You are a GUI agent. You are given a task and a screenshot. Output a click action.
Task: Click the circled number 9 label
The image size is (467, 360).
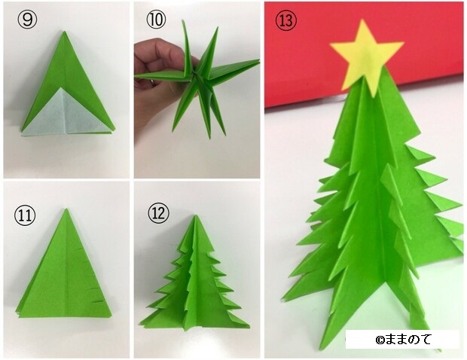click(27, 20)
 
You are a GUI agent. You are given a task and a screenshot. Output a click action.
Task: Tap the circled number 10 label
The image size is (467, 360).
click(156, 20)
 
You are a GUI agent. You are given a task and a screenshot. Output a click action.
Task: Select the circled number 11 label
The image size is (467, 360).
click(25, 215)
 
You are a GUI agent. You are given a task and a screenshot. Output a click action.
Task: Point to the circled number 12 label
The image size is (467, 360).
click(158, 213)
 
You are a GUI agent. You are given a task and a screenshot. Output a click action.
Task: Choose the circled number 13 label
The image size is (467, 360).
click(286, 21)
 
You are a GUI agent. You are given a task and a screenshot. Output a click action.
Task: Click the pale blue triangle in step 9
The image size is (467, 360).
click(66, 114)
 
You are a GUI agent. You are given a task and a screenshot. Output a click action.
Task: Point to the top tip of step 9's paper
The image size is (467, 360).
click(64, 32)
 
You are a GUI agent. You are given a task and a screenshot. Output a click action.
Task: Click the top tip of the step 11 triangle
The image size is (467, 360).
click(66, 209)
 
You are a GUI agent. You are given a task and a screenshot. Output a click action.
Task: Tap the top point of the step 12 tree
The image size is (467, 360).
click(196, 215)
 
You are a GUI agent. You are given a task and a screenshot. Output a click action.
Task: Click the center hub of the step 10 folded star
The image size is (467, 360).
click(197, 76)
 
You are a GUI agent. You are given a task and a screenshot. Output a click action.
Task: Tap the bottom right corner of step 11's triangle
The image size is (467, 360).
click(111, 316)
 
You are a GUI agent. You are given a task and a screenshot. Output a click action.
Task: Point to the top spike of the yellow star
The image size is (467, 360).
click(362, 20)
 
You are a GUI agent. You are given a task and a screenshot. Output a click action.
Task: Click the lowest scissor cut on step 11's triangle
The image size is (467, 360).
click(99, 302)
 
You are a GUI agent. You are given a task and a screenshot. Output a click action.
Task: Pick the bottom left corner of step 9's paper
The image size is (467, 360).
click(21, 136)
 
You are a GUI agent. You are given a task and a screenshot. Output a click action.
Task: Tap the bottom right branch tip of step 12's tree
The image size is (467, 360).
click(249, 327)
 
